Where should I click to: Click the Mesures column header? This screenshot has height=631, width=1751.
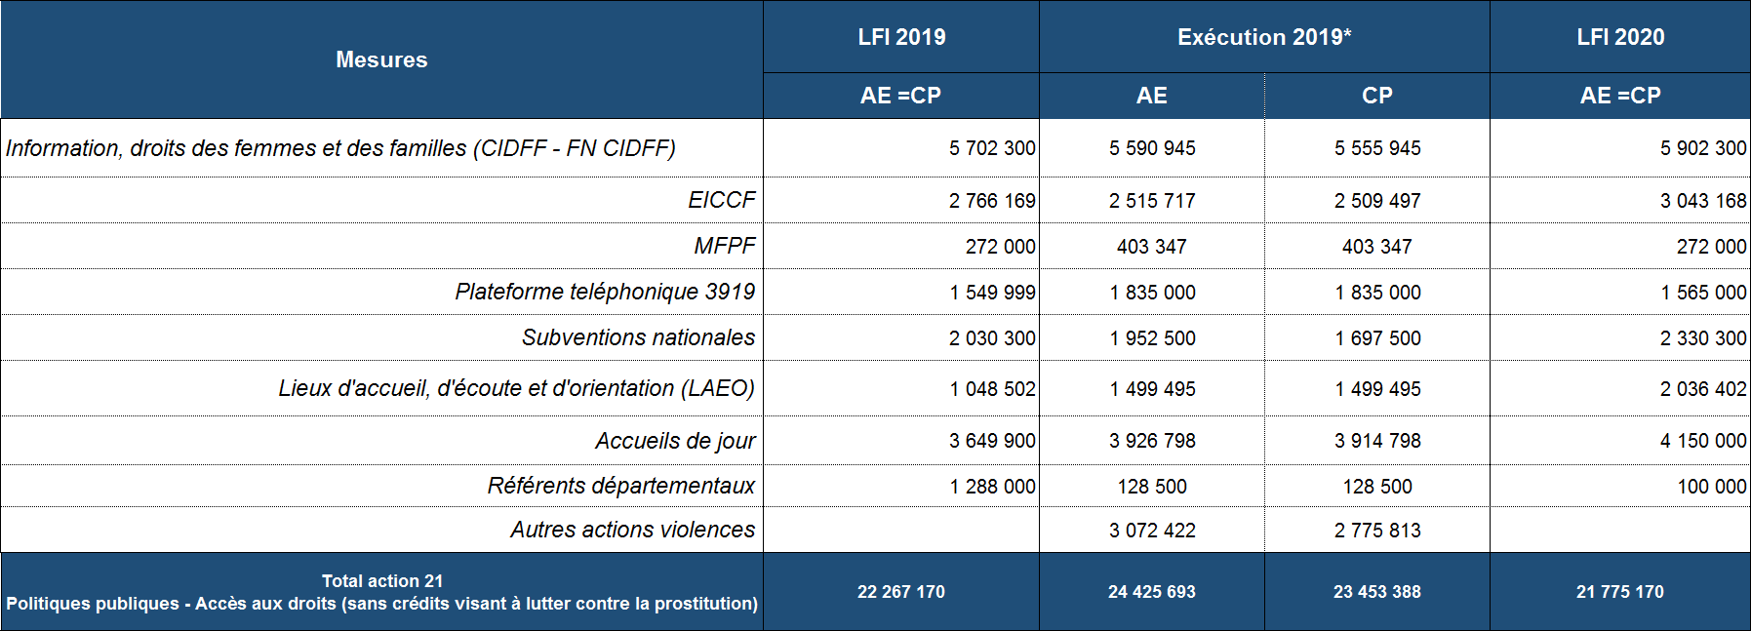381,59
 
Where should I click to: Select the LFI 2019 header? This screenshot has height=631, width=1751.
901,37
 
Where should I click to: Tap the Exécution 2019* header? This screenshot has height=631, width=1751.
1264,37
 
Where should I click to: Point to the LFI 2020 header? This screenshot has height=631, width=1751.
1620,37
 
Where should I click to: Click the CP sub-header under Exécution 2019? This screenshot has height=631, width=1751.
1376,96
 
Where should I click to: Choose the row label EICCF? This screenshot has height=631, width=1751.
721,200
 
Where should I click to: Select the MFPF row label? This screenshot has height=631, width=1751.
724,246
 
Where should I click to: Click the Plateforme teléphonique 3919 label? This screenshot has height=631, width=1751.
605,292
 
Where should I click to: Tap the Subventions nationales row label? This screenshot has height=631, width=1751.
638,337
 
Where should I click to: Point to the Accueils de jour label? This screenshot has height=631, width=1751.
675,441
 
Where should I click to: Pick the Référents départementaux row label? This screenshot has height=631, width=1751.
621,486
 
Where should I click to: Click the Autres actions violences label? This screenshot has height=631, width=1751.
632,530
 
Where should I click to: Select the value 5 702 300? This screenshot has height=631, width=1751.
992,148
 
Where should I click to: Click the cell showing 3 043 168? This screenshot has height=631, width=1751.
1703,201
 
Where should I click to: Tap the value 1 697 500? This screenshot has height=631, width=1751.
1377,338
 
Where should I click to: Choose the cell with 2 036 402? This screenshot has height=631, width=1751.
1703,389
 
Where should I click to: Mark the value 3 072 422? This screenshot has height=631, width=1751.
1152,531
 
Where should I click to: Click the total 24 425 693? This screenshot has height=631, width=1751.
1152,592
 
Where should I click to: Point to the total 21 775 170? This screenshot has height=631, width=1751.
1620,592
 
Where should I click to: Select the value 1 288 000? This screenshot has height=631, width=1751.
992,487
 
